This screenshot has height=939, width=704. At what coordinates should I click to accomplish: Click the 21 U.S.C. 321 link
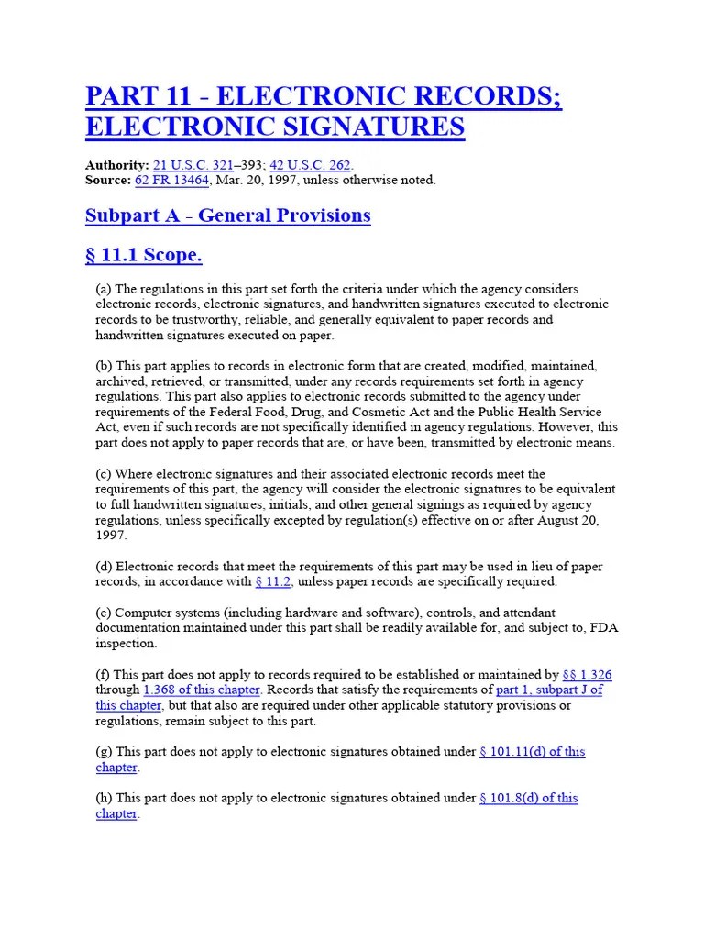[x=192, y=165]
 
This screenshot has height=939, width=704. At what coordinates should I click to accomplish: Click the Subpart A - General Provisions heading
[x=227, y=215]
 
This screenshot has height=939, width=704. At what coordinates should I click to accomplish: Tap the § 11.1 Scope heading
[x=143, y=255]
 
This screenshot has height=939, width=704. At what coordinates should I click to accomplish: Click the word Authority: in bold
[x=116, y=165]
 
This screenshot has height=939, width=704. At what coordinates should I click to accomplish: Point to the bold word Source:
[x=108, y=180]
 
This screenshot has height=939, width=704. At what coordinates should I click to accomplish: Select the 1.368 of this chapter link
[x=202, y=690]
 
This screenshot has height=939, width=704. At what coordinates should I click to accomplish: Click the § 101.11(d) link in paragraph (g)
[x=532, y=751]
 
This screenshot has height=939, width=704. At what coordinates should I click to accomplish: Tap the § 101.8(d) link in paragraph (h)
[x=528, y=798]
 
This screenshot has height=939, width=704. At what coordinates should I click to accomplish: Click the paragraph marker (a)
[x=104, y=289]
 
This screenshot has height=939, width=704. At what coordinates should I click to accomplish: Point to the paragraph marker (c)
[x=104, y=474]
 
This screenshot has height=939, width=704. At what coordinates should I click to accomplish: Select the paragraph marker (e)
[x=104, y=613]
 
